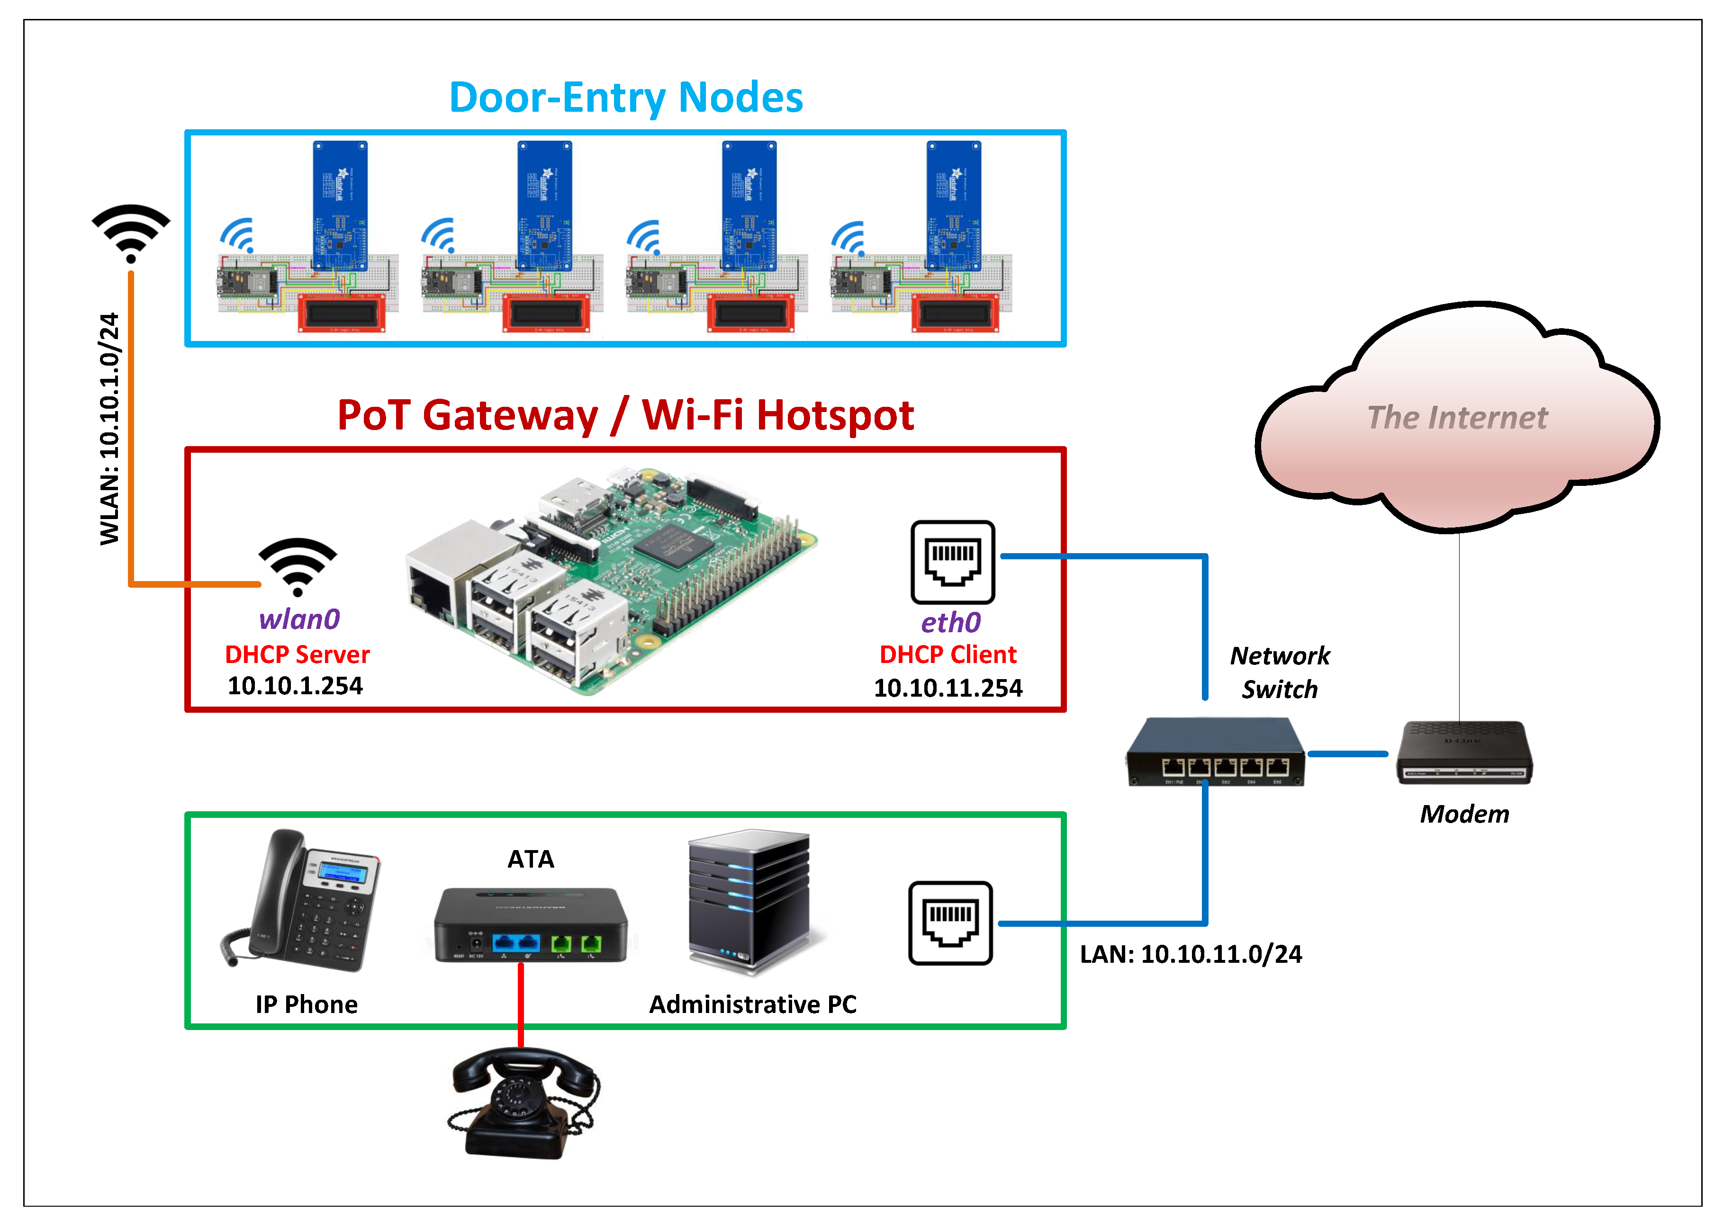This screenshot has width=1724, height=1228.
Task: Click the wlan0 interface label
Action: [299, 619]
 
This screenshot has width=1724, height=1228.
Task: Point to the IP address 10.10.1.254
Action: [295, 686]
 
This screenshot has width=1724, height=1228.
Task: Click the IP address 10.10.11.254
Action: [948, 688]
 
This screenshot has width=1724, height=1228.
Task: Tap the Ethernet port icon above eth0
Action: [952, 562]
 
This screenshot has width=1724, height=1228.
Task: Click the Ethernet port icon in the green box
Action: [950, 923]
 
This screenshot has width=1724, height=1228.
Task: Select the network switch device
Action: [1216, 753]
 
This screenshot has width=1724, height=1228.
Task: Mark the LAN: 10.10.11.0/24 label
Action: [1191, 954]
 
